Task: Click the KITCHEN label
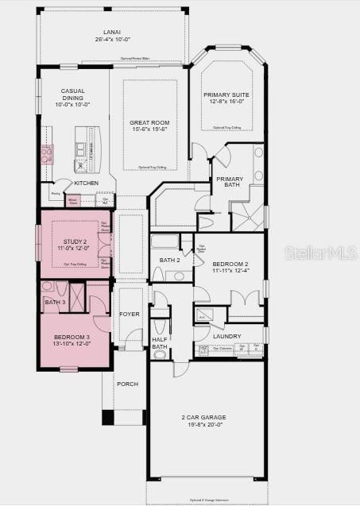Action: click(x=86, y=183)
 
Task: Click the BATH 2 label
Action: click(x=169, y=260)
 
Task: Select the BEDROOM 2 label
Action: click(x=230, y=264)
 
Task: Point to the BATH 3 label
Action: click(x=54, y=302)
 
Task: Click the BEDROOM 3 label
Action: click(x=72, y=338)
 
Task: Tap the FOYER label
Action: click(x=129, y=314)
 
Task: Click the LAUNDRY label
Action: click(x=226, y=336)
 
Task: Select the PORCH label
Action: click(x=127, y=384)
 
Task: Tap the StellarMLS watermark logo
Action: click(x=327, y=253)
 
